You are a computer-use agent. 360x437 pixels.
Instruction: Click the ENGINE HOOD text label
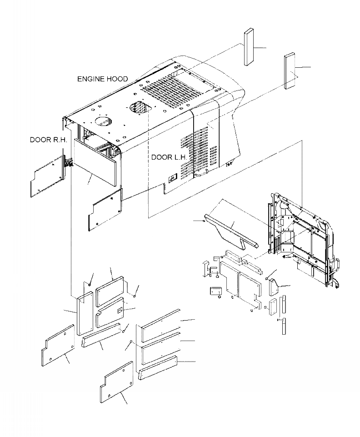102,79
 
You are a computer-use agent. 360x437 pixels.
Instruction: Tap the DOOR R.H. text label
48,140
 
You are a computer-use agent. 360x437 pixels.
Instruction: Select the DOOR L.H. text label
169,157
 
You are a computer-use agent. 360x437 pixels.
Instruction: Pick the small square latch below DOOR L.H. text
172,178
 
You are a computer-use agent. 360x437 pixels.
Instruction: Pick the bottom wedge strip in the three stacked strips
158,367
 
